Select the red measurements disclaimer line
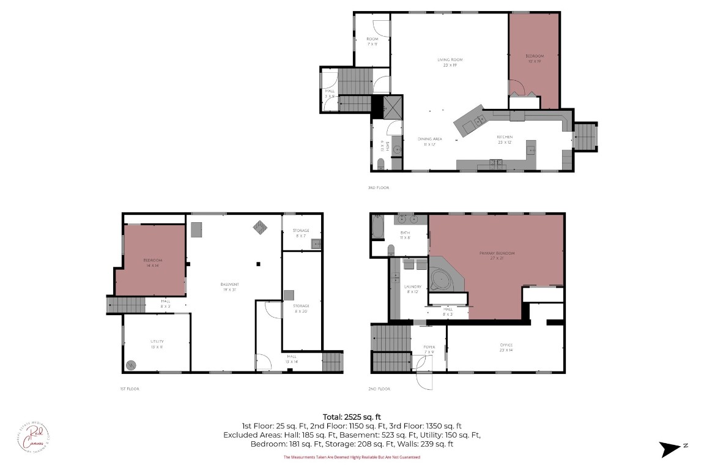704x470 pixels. pyautogui.click(x=352, y=457)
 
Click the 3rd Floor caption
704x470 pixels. pyautogui.click(x=378, y=187)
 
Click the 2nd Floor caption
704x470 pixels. pyautogui.click(x=380, y=389)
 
